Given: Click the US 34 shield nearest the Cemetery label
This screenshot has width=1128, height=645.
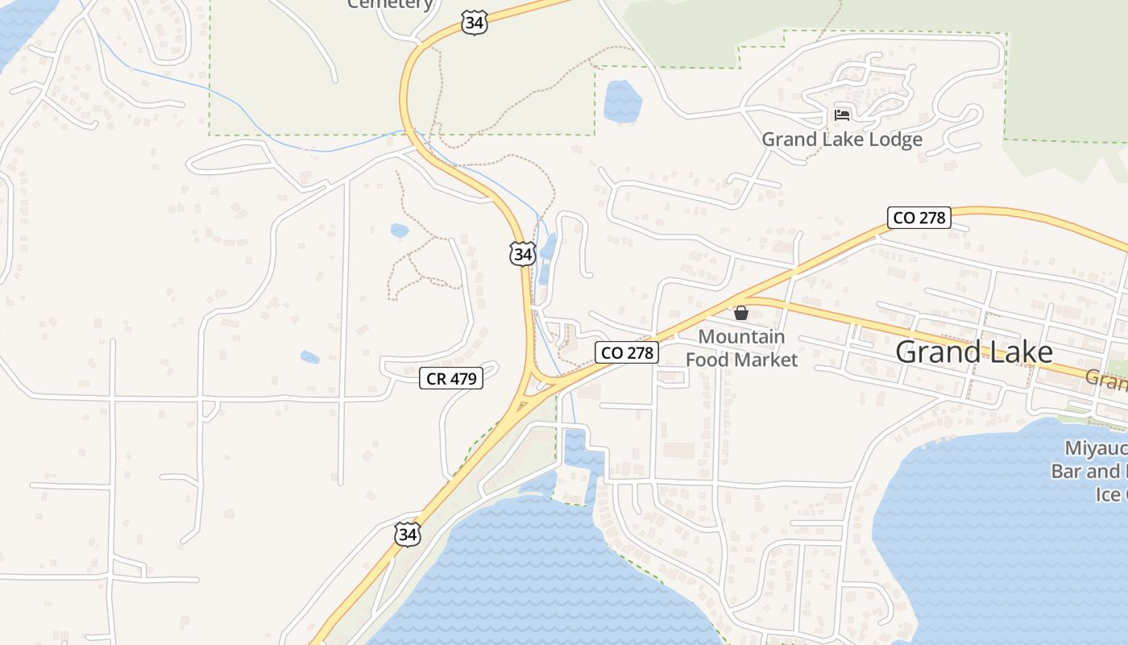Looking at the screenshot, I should [x=475, y=23].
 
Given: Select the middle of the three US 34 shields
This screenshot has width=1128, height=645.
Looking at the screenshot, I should [x=523, y=253].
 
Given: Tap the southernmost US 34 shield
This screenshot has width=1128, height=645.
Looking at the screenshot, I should [x=408, y=533].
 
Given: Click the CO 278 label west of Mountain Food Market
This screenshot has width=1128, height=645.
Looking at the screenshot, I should [x=628, y=352].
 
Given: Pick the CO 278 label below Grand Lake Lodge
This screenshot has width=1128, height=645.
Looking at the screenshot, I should [x=919, y=218].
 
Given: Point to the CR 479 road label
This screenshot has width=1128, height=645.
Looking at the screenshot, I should [x=451, y=378].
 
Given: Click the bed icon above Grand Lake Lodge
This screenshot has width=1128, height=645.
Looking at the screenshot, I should [x=842, y=114].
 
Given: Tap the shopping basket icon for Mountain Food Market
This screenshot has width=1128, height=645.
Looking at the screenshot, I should [x=741, y=312].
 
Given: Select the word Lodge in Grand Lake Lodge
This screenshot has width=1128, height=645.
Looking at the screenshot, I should [x=890, y=139].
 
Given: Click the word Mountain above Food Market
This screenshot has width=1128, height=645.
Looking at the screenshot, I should [x=741, y=337].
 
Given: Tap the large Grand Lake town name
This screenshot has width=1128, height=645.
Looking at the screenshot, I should [x=973, y=352].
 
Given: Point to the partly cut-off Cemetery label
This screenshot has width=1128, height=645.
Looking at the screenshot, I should [x=391, y=4].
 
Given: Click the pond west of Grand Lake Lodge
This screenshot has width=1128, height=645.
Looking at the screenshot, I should [x=622, y=100].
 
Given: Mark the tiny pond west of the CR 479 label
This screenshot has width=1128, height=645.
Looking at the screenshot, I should [x=309, y=356].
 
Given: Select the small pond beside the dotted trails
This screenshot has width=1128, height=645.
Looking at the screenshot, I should [x=400, y=231].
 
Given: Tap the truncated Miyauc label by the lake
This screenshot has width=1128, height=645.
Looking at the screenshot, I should [x=1095, y=448].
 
